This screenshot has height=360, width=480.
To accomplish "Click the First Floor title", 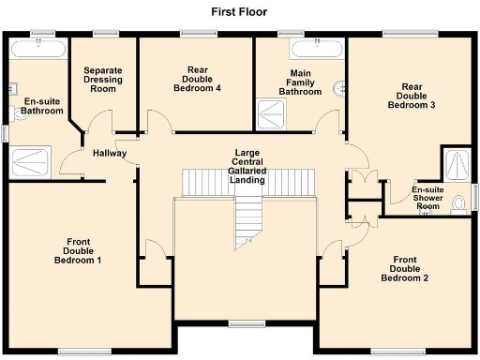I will pos(240,12).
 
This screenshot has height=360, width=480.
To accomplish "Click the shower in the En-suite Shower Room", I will pos(457,164).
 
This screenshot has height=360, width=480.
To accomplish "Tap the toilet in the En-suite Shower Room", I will pos(458,203).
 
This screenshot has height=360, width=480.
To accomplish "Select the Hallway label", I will pos(110,154).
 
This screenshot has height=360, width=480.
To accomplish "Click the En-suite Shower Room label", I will pos(428,198).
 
